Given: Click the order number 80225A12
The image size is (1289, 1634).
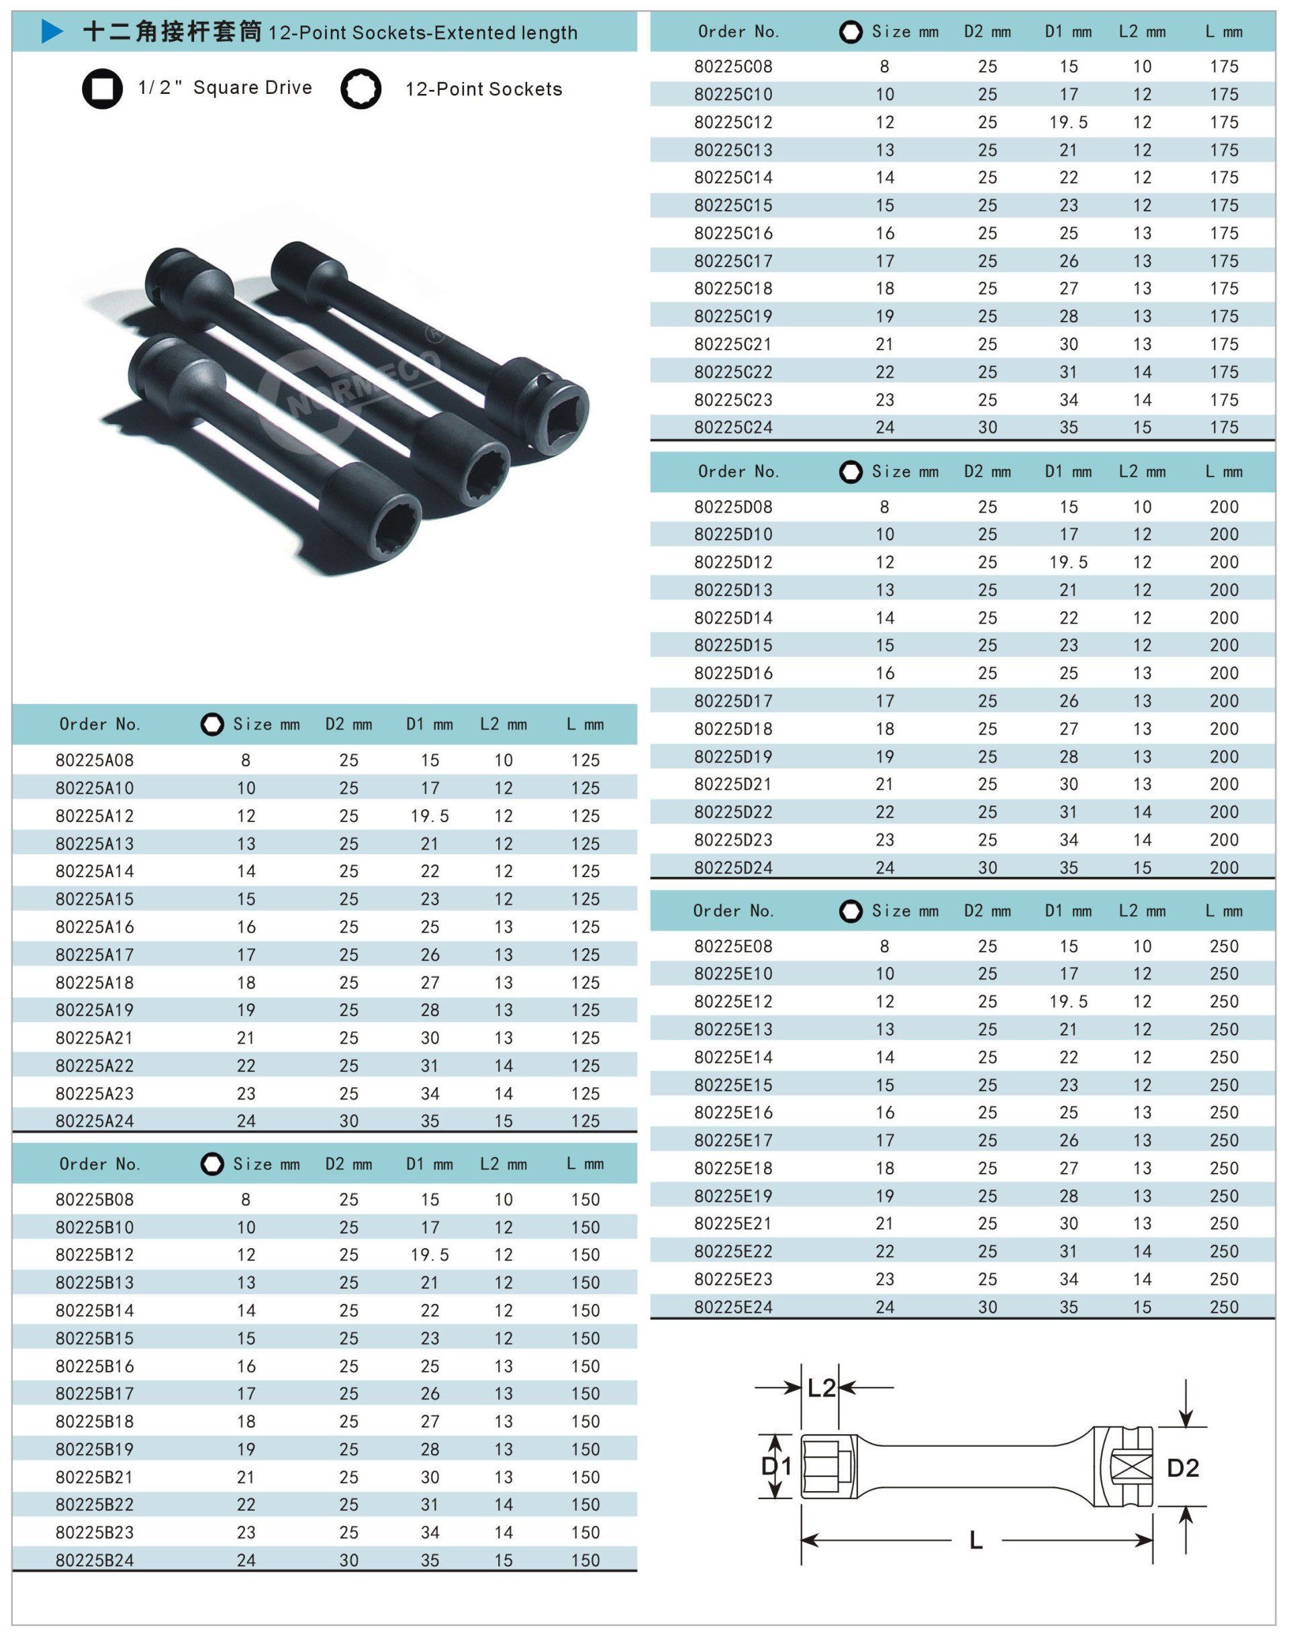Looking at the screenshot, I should tap(95, 816).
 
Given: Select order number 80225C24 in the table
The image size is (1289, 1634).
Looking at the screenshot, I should tap(734, 427).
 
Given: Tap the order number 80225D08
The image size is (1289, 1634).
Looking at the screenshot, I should tap(734, 507).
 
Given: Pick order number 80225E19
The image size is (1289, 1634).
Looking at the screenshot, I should tap(734, 1196).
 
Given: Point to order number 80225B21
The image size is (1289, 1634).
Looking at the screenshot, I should tap(95, 1477).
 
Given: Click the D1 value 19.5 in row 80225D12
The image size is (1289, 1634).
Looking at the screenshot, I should tap(1068, 563).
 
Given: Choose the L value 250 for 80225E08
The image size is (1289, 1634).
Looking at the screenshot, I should tap(1223, 947).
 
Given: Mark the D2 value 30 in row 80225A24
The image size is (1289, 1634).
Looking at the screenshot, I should tap(348, 1121).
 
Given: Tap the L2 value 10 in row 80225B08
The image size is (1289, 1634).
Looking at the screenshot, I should tap(504, 1199).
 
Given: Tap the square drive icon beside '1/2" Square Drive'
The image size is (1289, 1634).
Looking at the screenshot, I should tap(103, 89).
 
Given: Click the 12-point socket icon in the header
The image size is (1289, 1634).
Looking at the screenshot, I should tap(360, 90).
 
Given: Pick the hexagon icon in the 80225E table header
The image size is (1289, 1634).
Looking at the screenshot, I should tap(851, 911).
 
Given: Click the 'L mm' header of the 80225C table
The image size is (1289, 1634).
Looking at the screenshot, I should tap(1223, 32).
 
